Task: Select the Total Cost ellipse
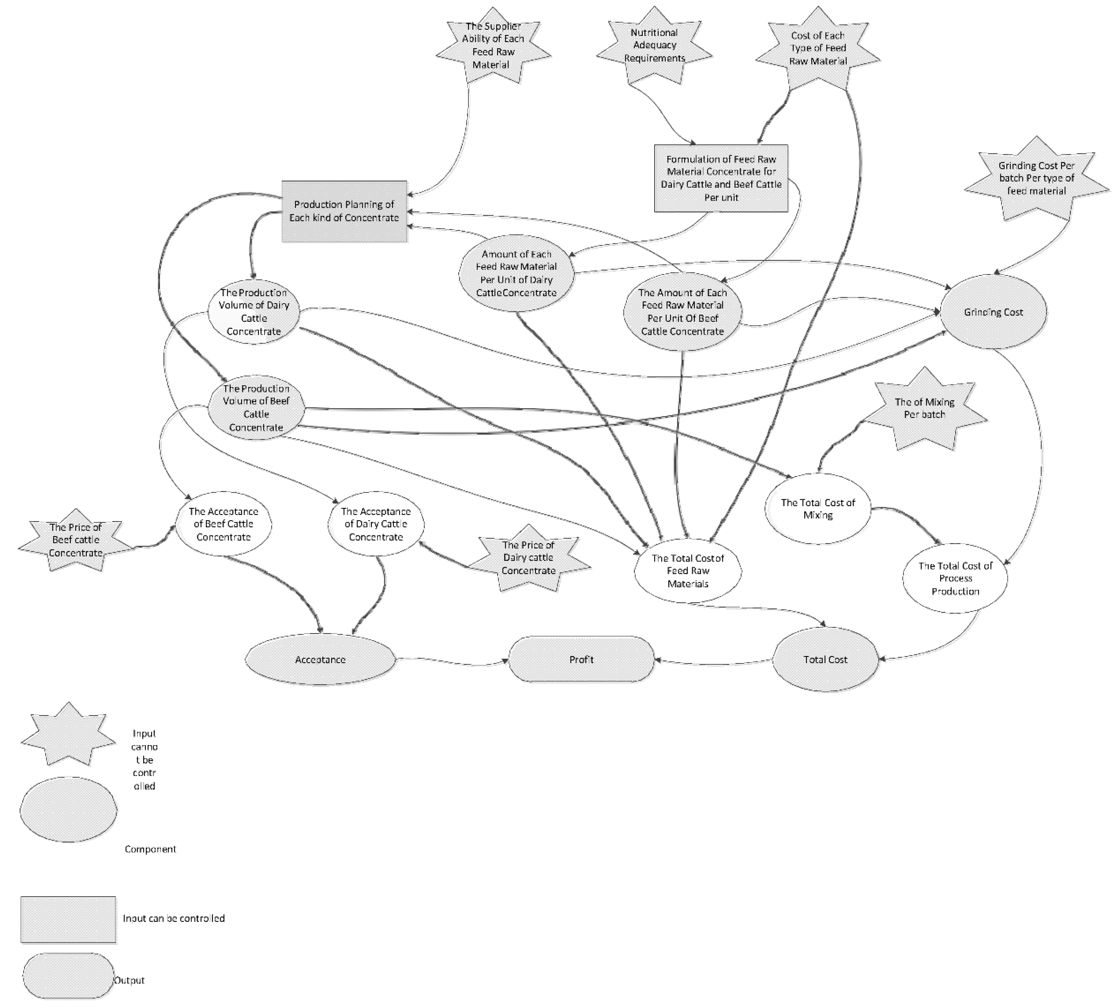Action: click(x=825, y=659)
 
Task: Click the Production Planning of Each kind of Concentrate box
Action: click(x=344, y=211)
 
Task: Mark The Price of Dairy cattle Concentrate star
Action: click(x=529, y=558)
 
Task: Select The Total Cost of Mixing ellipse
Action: click(x=818, y=509)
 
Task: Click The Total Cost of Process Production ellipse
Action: click(x=955, y=578)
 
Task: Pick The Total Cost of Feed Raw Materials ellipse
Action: click(x=688, y=571)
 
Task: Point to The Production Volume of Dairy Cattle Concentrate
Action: click(x=254, y=312)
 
